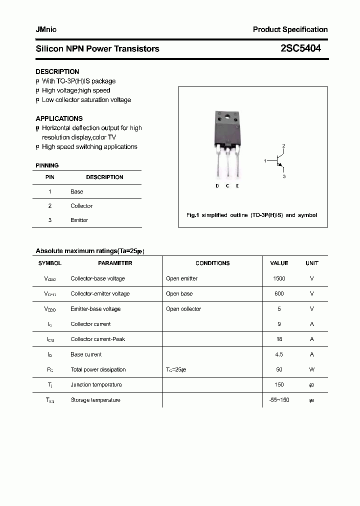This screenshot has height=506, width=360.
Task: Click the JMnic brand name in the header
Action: (x=46, y=29)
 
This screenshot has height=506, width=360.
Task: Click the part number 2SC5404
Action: (x=300, y=48)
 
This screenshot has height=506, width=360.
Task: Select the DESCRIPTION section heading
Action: (x=57, y=71)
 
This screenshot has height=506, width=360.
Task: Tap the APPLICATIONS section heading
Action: (x=59, y=118)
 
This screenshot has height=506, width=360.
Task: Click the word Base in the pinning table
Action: (x=76, y=191)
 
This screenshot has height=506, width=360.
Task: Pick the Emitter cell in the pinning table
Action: (x=79, y=220)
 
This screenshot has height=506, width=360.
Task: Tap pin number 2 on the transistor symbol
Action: (x=283, y=146)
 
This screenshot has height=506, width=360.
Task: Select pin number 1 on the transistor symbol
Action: (x=265, y=161)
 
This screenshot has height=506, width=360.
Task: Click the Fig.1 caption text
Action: (x=251, y=215)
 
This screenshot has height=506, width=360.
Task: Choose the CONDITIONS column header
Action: (x=212, y=263)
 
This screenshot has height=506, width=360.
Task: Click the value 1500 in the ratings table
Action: (x=279, y=278)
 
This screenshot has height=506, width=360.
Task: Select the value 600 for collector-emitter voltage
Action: (x=279, y=293)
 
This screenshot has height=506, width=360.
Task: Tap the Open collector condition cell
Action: (x=183, y=309)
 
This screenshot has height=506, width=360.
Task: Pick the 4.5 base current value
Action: (x=279, y=354)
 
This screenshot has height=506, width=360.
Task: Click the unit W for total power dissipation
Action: (x=311, y=369)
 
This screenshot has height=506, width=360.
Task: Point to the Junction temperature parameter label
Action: (x=96, y=384)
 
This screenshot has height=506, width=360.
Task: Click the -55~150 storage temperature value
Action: (x=279, y=400)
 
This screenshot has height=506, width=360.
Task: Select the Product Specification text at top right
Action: (x=290, y=29)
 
